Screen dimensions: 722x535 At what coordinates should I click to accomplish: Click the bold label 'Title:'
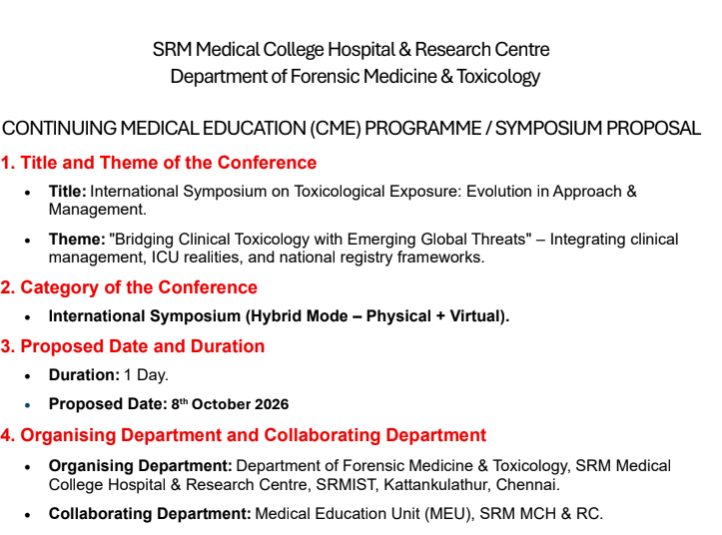[67, 191]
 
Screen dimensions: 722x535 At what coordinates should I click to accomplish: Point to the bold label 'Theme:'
[77, 239]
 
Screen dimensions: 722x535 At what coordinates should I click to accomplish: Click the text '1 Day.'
[146, 375]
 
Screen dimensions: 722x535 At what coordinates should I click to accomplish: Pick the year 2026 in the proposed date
[272, 404]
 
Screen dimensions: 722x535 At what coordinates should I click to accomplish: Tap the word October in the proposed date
[221, 404]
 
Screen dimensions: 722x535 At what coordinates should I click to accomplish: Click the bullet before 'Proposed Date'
[28, 405]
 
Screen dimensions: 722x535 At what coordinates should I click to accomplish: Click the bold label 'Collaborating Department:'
[150, 514]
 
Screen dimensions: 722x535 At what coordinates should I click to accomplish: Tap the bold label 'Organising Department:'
[141, 466]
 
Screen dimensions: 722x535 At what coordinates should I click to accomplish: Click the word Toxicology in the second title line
[498, 77]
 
